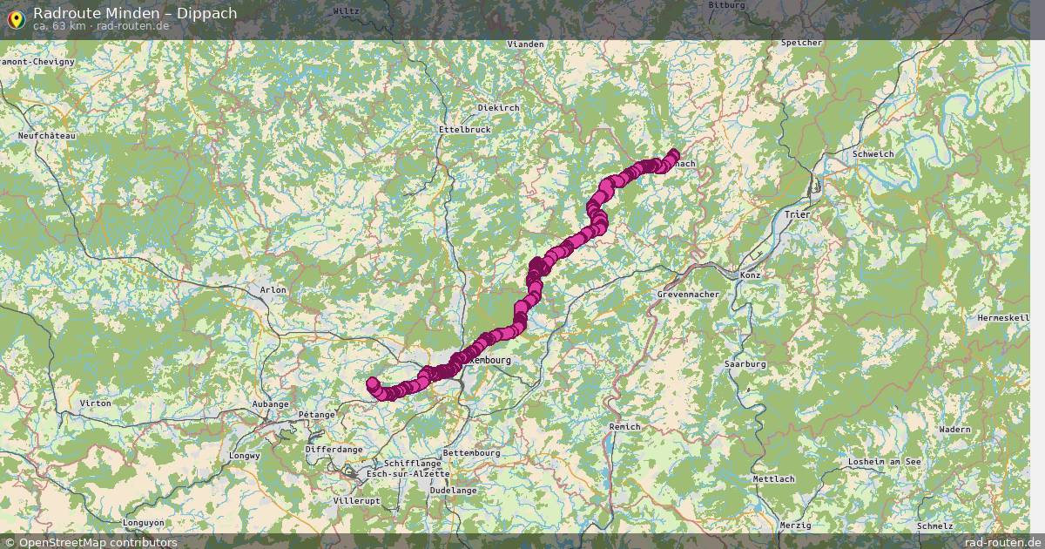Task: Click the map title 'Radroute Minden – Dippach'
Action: tap(135, 13)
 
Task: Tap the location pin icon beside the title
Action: tap(15, 17)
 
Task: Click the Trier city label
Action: tap(797, 213)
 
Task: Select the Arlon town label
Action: tap(273, 289)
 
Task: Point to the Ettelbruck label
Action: tap(464, 129)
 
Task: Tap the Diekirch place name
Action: tap(498, 107)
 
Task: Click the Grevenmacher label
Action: tap(688, 295)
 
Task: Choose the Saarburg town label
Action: tap(745, 363)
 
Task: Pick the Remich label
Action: tap(624, 426)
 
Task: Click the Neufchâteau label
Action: tap(48, 136)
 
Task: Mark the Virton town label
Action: tap(95, 403)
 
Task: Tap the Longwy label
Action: tap(245, 456)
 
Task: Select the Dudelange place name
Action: tap(453, 491)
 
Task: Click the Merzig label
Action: tap(796, 525)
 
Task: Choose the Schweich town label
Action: tap(873, 153)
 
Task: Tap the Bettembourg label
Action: tap(471, 453)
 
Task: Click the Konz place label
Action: tap(750, 275)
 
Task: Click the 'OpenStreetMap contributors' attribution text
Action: tap(98, 543)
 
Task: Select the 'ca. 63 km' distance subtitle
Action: tap(59, 26)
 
